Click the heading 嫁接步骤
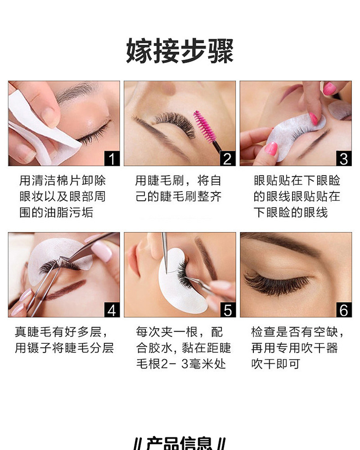(x=180, y=50)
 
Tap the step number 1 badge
(x=112, y=158)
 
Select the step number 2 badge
(x=228, y=158)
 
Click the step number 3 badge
(x=344, y=158)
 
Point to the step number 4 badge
(x=112, y=310)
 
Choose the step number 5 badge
(x=228, y=310)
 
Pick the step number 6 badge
(x=344, y=310)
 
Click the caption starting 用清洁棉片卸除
(x=63, y=181)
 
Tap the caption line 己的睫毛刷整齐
(x=179, y=197)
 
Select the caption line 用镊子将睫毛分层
(x=64, y=348)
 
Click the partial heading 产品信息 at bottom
(x=180, y=443)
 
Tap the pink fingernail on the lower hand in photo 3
(x=271, y=148)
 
